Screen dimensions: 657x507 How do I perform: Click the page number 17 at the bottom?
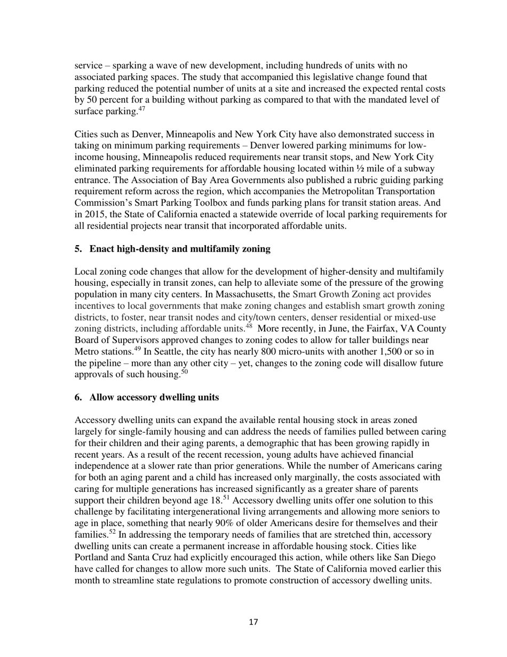253,622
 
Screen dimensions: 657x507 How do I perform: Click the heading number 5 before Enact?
78,248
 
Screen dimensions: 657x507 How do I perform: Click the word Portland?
92,557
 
